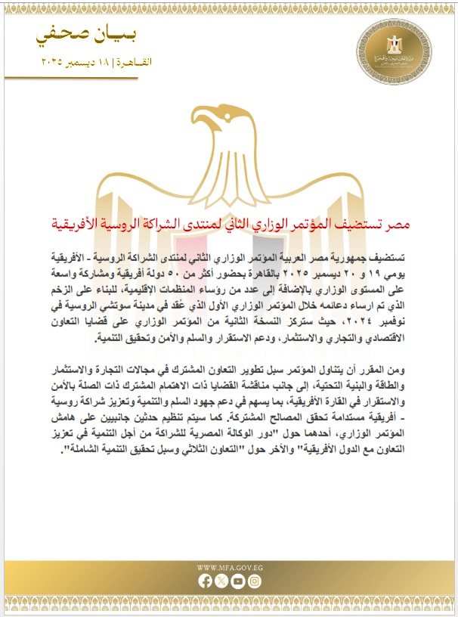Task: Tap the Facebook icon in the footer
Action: [205, 581]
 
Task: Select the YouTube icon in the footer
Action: [237, 581]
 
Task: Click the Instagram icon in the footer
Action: [254, 581]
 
